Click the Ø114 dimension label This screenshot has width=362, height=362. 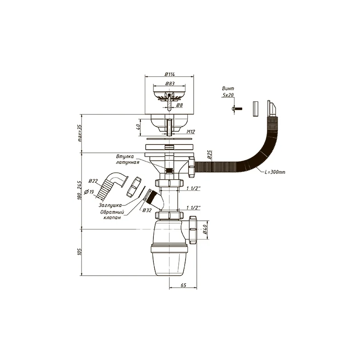tap(170, 74)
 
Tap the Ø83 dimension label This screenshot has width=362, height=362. tap(170, 84)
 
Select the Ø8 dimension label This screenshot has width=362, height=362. tap(180, 105)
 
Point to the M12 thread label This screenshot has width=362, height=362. tap(191, 132)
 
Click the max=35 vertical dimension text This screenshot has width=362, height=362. tap(80, 133)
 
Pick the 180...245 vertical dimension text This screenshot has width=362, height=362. tap(80, 190)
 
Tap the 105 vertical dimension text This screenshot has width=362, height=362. tap(80, 252)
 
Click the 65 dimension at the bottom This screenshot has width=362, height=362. tap(183, 286)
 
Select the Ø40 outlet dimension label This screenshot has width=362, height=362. tap(205, 230)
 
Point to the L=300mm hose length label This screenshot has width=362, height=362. tap(275, 172)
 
